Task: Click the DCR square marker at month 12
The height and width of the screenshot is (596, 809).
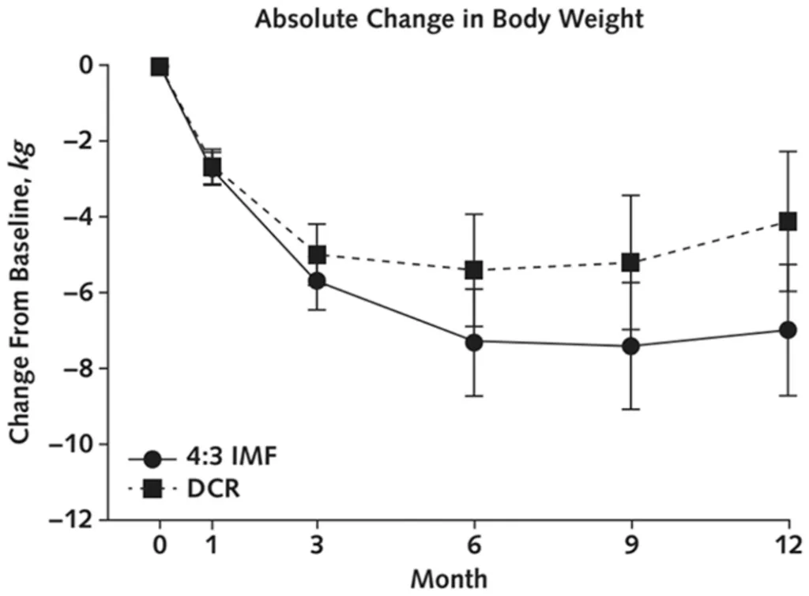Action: tap(788, 222)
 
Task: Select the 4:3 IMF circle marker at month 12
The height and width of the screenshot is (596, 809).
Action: tap(788, 330)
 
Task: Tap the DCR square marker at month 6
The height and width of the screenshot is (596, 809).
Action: tap(474, 270)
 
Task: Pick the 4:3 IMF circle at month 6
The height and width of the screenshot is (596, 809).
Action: tap(474, 343)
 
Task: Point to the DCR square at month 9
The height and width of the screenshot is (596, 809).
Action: tap(630, 262)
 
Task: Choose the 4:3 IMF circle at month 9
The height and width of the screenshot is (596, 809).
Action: tap(630, 346)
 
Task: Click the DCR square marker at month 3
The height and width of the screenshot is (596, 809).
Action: tap(318, 255)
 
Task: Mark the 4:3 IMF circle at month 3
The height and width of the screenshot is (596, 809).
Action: tap(318, 281)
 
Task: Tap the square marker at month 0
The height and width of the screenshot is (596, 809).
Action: tap(160, 67)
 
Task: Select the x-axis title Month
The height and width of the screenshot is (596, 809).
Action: tap(449, 578)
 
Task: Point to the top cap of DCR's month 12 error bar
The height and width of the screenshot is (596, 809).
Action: tap(788, 152)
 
